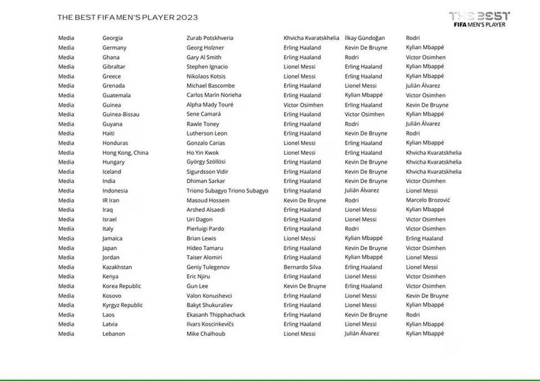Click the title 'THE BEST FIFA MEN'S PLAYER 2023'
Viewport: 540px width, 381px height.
coord(127,18)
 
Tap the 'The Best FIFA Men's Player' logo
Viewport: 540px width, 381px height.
coord(479,19)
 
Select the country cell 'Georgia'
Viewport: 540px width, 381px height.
coord(112,38)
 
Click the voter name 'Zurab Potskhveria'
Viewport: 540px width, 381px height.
coord(210,38)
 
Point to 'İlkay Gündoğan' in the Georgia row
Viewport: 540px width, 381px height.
coord(364,38)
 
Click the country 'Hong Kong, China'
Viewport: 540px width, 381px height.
coord(125,153)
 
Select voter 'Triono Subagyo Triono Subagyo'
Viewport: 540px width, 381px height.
coord(227,191)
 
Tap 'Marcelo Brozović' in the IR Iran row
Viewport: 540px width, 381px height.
coord(427,201)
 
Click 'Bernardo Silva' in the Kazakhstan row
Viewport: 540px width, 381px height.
coord(302,267)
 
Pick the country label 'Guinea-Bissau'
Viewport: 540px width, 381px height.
coord(121,115)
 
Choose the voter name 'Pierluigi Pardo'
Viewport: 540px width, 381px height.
coord(205,229)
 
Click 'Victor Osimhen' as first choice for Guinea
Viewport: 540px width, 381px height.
coord(303,105)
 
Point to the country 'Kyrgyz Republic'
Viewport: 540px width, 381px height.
coord(123,305)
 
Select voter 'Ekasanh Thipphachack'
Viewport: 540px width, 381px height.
coord(216,315)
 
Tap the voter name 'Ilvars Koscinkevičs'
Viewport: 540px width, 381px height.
coord(210,324)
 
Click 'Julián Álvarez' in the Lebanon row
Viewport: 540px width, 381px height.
coord(362,334)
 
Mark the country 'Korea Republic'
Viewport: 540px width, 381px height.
coord(122,286)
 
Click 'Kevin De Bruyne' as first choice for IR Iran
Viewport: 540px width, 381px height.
coord(305,201)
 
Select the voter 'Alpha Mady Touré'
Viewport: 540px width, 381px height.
coord(210,105)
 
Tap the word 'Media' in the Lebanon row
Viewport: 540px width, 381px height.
coord(66,334)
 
